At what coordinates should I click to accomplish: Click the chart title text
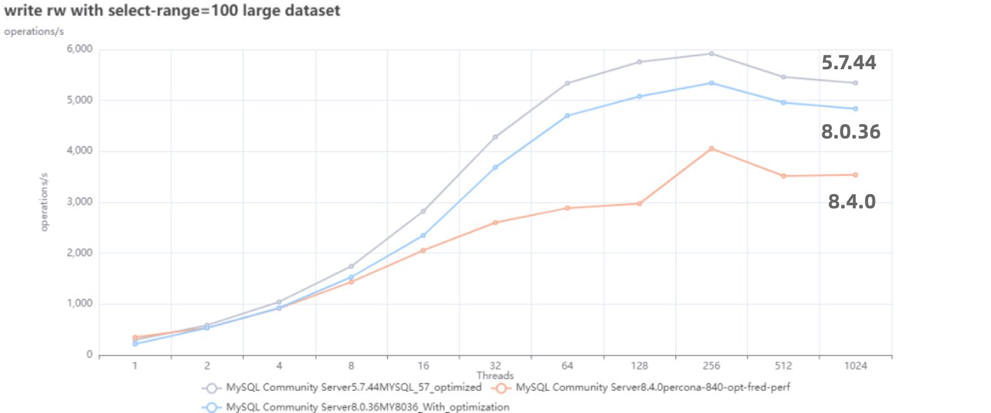coord(172,11)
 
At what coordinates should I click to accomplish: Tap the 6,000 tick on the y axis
coord(79,49)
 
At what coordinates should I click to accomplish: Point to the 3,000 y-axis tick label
coord(79,202)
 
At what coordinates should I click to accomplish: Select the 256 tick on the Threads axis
coord(711,366)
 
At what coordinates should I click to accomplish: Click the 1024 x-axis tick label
coord(855,366)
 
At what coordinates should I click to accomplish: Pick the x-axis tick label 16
coord(423,366)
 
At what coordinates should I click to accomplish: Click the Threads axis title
coord(495,376)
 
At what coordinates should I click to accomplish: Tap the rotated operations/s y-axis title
coord(44,202)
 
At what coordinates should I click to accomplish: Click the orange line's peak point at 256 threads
coord(711,148)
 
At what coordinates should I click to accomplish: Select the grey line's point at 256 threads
coord(711,54)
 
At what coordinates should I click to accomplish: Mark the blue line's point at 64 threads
coord(567,115)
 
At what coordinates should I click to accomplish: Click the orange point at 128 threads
coord(639,203)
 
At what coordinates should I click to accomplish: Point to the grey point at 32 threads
coord(496,137)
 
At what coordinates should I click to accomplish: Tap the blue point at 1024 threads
coord(855,109)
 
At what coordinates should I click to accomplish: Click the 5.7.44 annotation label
coord(848,62)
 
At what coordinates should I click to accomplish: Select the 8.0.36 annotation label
coord(850,132)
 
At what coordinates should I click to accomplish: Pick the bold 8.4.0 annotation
coord(851,202)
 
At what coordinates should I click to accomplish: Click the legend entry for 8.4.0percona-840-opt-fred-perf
coord(652,387)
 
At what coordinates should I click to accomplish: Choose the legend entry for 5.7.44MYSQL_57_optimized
coord(353,387)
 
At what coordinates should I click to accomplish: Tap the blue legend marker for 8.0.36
coord(212,407)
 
